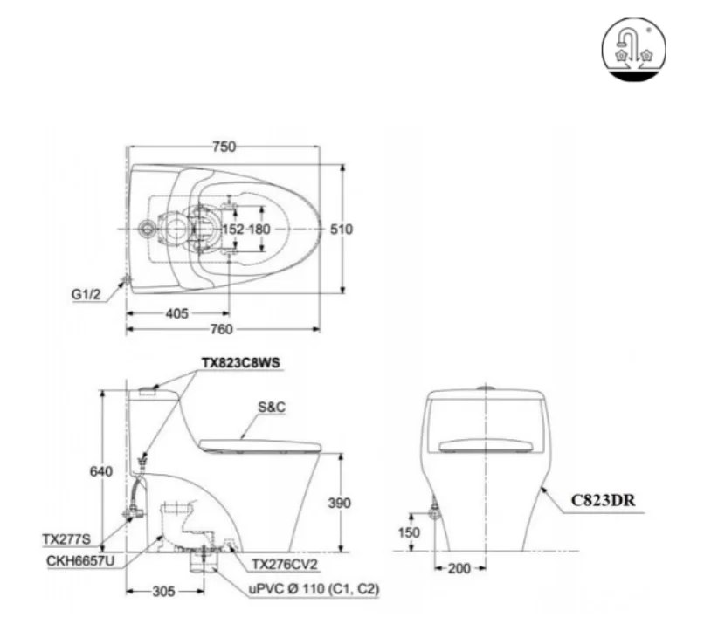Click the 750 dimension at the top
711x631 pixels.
[x=224, y=147]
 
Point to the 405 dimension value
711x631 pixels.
[x=176, y=312]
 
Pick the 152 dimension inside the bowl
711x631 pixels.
[x=233, y=230]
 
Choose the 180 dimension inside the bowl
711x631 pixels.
[x=260, y=230]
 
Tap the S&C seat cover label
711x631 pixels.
[x=273, y=407]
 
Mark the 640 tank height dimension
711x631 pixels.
[x=102, y=472]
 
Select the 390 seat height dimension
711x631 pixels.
[x=341, y=503]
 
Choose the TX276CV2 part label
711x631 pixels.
[x=283, y=564]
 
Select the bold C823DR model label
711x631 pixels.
[x=603, y=501]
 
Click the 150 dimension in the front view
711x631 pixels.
[x=409, y=532]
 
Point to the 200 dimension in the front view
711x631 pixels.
[x=459, y=569]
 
